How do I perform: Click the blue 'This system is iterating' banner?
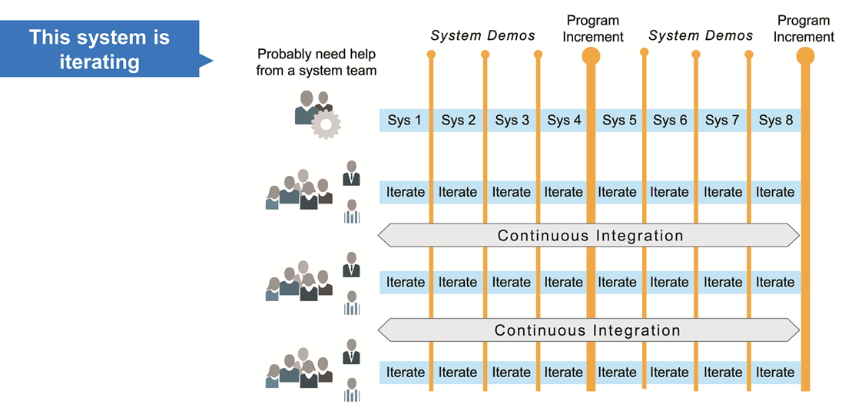click(x=100, y=49)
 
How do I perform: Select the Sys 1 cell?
click(x=405, y=121)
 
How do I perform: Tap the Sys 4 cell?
click(x=563, y=121)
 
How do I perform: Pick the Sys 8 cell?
click(x=775, y=121)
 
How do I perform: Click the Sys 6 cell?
click(x=670, y=121)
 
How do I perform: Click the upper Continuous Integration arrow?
click(x=590, y=236)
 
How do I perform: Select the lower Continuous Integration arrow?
click(x=590, y=331)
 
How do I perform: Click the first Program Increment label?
click(x=592, y=28)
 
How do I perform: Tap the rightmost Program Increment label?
click(x=804, y=28)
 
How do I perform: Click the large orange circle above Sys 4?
click(x=591, y=55)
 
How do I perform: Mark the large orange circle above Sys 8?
click(x=805, y=55)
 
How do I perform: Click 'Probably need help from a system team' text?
click(x=317, y=63)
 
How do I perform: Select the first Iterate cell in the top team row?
click(x=405, y=192)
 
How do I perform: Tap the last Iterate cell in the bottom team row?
click(x=775, y=373)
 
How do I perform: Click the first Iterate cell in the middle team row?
click(x=405, y=283)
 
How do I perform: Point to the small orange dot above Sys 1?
click(x=431, y=55)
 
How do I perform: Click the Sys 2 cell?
click(x=458, y=121)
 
